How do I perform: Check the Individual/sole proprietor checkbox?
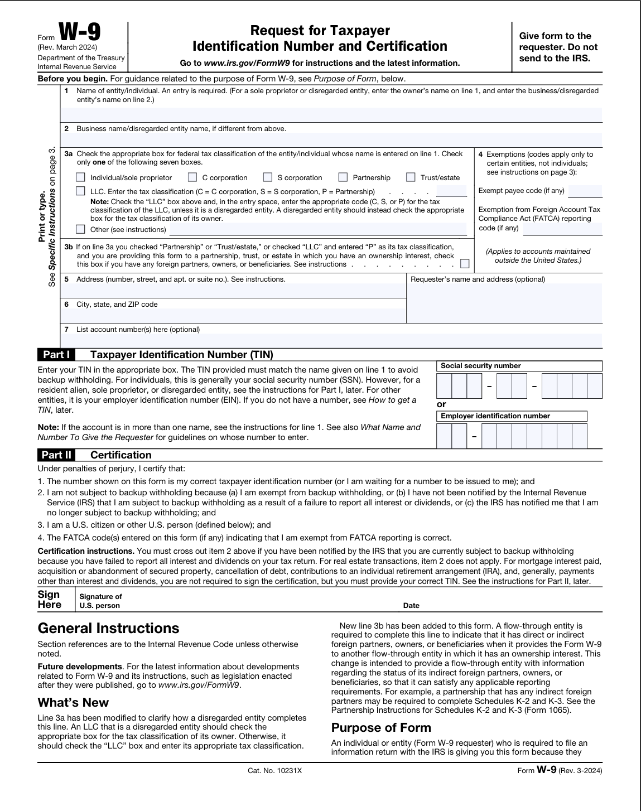pos(81,177)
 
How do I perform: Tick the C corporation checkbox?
pos(192,177)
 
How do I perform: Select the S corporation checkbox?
pos(268,177)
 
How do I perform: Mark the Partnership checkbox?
pos(343,177)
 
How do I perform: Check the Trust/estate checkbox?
pos(411,177)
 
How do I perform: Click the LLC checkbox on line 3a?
pos(81,191)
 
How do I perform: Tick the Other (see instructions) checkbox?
pos(81,229)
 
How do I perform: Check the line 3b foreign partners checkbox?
pos(465,264)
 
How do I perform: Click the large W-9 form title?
pos(79,35)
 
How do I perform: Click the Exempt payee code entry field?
pos(585,191)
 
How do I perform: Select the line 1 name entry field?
pos(331,115)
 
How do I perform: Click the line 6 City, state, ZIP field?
pos(233,316)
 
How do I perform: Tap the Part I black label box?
pos(56,355)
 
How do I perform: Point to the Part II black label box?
pos(57,455)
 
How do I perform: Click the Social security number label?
pos(480,366)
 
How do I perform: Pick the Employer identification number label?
pos(495,416)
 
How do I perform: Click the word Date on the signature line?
pos(411,605)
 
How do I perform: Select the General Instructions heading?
pos(108,629)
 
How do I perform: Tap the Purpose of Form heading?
pos(381,728)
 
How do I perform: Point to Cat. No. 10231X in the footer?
pos(274,770)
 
